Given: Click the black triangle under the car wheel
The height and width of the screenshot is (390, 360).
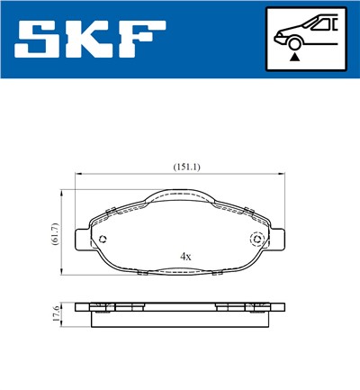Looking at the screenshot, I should click(292, 56).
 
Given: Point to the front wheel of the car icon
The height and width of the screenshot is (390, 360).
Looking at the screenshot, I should click(292, 42).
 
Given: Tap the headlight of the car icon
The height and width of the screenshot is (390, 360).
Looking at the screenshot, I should click(281, 36).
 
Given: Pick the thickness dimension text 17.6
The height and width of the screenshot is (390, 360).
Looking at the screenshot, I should click(54, 313).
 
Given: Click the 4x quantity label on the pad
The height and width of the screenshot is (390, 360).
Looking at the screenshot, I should click(185, 257).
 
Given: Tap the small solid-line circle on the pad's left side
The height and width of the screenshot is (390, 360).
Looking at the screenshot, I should click(103, 240).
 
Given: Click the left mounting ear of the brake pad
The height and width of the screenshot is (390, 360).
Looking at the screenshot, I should click(83, 240).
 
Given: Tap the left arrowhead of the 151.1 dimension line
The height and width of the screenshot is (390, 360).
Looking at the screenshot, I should click(78, 174).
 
